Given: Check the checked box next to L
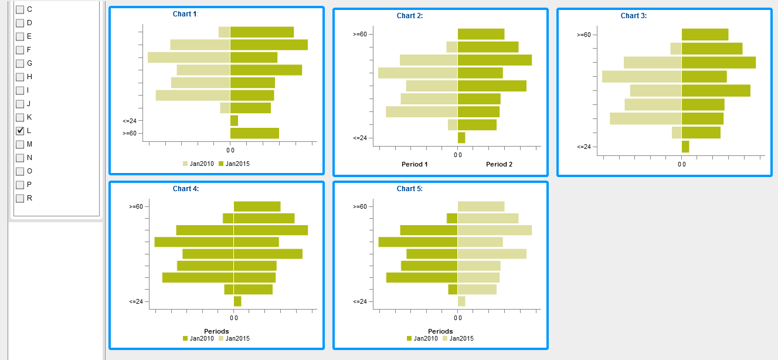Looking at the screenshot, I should point(20,131).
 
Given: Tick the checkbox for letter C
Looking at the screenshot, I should point(20,9).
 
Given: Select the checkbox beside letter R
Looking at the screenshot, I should point(20,198).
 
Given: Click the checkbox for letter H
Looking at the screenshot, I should point(20,77).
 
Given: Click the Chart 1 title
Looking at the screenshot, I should point(185,14).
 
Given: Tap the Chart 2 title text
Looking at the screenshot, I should point(409,16).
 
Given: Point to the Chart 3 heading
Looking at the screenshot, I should point(633,16).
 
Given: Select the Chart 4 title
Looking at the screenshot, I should point(185,189).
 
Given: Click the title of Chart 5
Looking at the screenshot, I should point(409,189).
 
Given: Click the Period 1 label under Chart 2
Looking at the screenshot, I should point(415,164).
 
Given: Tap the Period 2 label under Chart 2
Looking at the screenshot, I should point(499,164).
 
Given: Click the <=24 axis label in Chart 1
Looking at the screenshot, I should point(130,121).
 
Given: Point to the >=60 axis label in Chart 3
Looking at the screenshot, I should point(583,35).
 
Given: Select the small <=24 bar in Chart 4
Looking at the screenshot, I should point(237,301).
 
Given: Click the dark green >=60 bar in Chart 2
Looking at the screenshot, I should point(481,34).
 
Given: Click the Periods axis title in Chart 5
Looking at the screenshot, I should point(440,331).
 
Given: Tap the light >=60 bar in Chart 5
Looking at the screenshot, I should point(481,206).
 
